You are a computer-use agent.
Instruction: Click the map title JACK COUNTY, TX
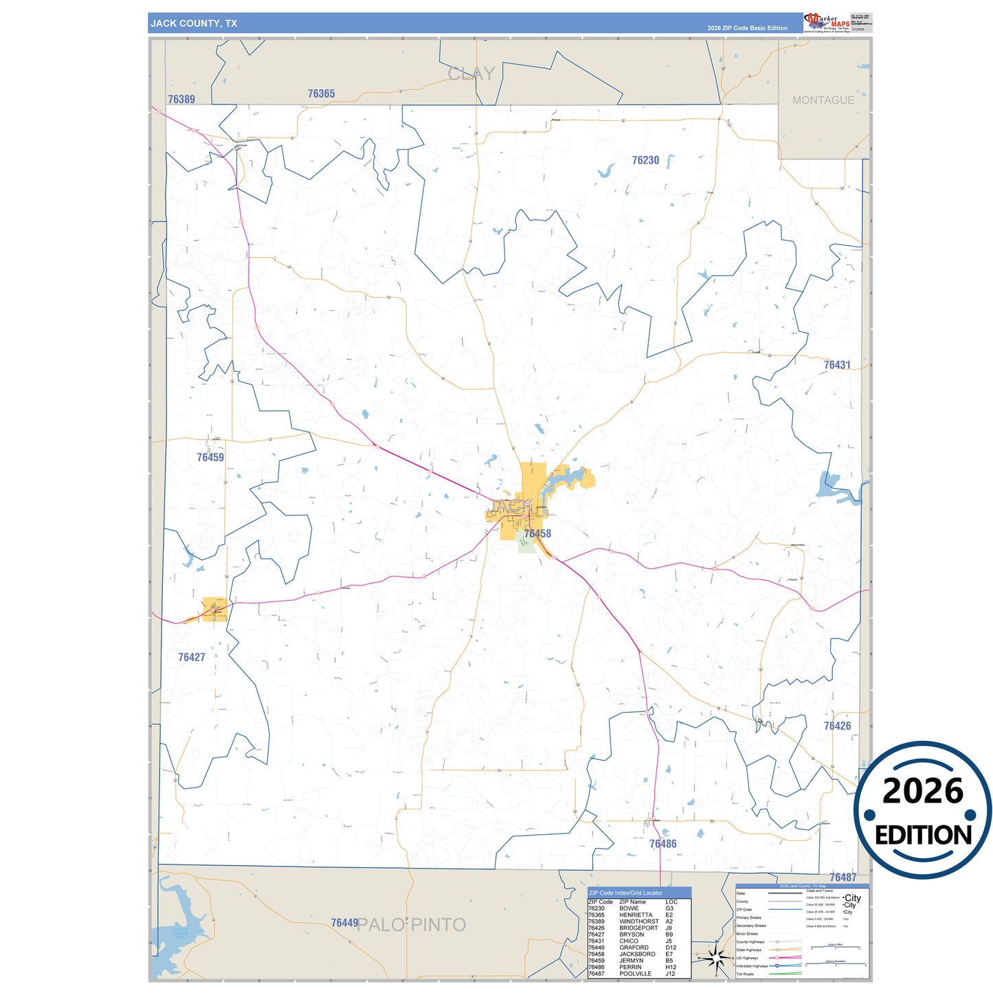pyautogui.click(x=194, y=23)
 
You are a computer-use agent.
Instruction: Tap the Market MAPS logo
pyautogui.click(x=827, y=22)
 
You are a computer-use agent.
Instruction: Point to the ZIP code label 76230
pyautogui.click(x=645, y=160)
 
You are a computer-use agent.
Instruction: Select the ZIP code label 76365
pyautogui.click(x=321, y=93)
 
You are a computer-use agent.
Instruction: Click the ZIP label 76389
pyautogui.click(x=181, y=99)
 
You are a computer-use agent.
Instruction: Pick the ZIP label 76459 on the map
pyautogui.click(x=210, y=457)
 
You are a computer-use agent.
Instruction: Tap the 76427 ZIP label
pyautogui.click(x=192, y=657)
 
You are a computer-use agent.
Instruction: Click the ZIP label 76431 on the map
pyautogui.click(x=837, y=365)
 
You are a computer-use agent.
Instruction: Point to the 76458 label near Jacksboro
pyautogui.click(x=537, y=533)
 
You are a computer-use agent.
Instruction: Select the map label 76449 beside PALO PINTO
pyautogui.click(x=344, y=923)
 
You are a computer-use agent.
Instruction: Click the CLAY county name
pyautogui.click(x=471, y=74)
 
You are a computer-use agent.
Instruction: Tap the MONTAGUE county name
pyautogui.click(x=823, y=100)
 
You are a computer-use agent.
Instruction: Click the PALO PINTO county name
pyautogui.click(x=412, y=925)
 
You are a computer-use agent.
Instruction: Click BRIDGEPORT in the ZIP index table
pyautogui.click(x=638, y=928)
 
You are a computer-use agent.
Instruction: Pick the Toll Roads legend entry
pyautogui.click(x=745, y=974)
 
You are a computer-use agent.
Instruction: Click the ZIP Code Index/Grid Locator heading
pyautogui.click(x=625, y=893)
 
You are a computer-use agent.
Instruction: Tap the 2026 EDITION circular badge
pyautogui.click(x=922, y=810)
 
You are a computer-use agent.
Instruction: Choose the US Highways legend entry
pyautogui.click(x=747, y=958)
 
